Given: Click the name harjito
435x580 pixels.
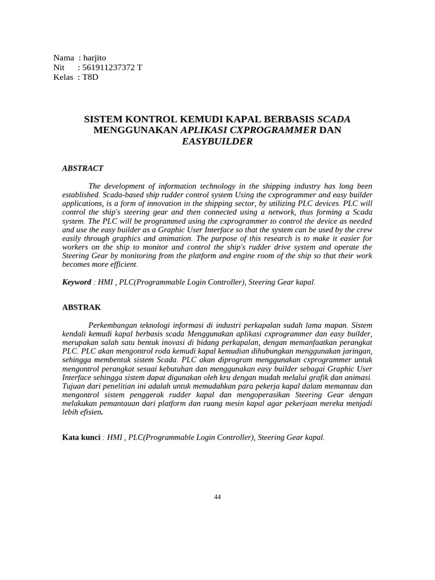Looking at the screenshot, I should coord(94,58).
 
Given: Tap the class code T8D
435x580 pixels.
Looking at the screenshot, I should coord(90,77).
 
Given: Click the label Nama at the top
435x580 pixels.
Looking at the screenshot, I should coord(64,58).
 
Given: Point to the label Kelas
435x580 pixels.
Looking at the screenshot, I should coord(63,77).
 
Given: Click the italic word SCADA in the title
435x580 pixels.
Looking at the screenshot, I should coord(334,120).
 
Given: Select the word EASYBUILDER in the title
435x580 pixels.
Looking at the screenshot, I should coord(217,142).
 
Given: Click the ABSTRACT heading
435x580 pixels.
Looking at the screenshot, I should coord(83,168).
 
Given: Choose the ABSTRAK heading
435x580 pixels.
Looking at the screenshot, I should coord(82,308).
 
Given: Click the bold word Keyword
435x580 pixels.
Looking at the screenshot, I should coord(76,282).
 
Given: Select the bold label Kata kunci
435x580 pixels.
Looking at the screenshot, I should coord(81,438).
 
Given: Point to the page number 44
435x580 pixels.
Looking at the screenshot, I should coord(217,497).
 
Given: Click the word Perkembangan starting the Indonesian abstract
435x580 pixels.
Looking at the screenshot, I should coord(117,326).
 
